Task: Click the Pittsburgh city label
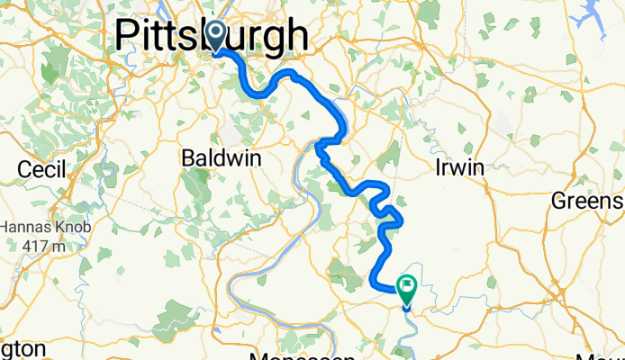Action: [212, 36]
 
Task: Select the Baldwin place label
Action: [222, 158]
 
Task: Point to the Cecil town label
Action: [43, 169]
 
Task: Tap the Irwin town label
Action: [459, 168]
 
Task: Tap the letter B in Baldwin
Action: [188, 158]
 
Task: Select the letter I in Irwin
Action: [438, 168]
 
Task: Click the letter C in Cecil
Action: [26, 169]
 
